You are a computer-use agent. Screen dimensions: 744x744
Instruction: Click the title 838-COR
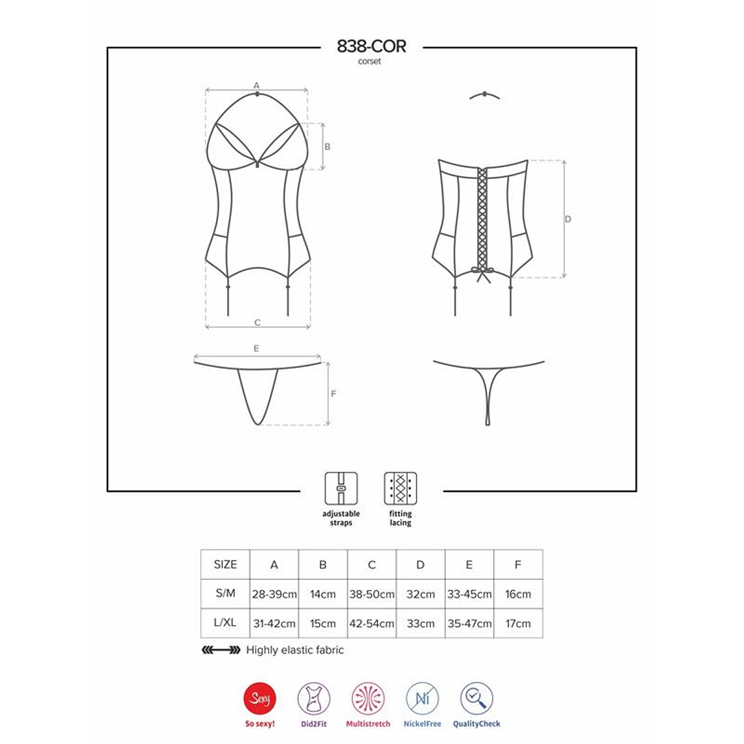[x=371, y=46]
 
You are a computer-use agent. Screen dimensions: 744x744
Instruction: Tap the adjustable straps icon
[x=341, y=488]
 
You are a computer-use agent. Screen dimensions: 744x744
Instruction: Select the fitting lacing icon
[x=401, y=488]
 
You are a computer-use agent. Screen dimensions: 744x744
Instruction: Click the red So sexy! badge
[x=260, y=700]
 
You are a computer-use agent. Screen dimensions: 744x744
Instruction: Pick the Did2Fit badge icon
[x=314, y=700]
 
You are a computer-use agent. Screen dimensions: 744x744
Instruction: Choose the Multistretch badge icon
[x=368, y=700]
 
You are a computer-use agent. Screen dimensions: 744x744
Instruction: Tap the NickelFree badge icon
[x=422, y=700]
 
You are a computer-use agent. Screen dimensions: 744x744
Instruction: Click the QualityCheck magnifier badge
[x=476, y=700]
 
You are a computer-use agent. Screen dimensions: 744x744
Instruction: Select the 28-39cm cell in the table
[x=274, y=595]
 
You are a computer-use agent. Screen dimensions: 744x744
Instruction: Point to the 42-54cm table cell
[x=371, y=624]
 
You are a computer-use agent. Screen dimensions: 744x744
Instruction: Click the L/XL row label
[x=225, y=623]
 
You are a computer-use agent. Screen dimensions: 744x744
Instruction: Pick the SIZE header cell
[x=225, y=565]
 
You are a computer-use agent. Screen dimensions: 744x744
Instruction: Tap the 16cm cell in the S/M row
[x=518, y=595]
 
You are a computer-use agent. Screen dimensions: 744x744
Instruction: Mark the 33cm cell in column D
[x=420, y=624]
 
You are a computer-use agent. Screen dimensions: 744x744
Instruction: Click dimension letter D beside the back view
[x=568, y=219]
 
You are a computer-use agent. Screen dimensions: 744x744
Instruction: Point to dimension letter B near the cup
[x=328, y=147]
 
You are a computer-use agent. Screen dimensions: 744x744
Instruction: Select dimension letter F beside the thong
[x=333, y=394]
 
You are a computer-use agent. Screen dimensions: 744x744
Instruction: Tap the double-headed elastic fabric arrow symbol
[x=221, y=650]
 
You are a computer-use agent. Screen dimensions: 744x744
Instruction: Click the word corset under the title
[x=369, y=61]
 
